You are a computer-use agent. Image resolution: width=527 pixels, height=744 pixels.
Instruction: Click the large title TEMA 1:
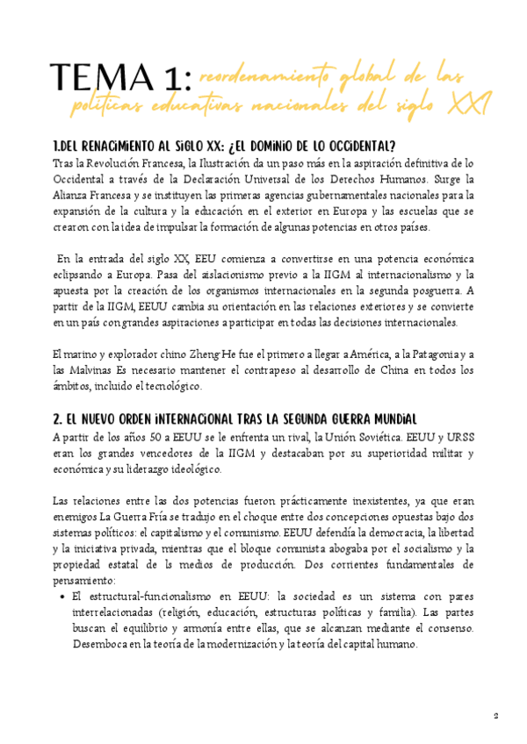click(120, 80)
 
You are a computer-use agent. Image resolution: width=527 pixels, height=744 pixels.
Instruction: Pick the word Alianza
click(73, 196)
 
